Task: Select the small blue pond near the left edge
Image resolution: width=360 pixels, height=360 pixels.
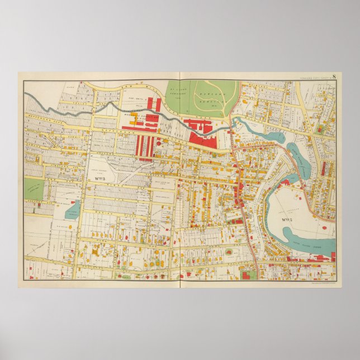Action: (73, 210)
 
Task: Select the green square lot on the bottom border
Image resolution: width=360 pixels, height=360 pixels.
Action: (249, 275)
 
